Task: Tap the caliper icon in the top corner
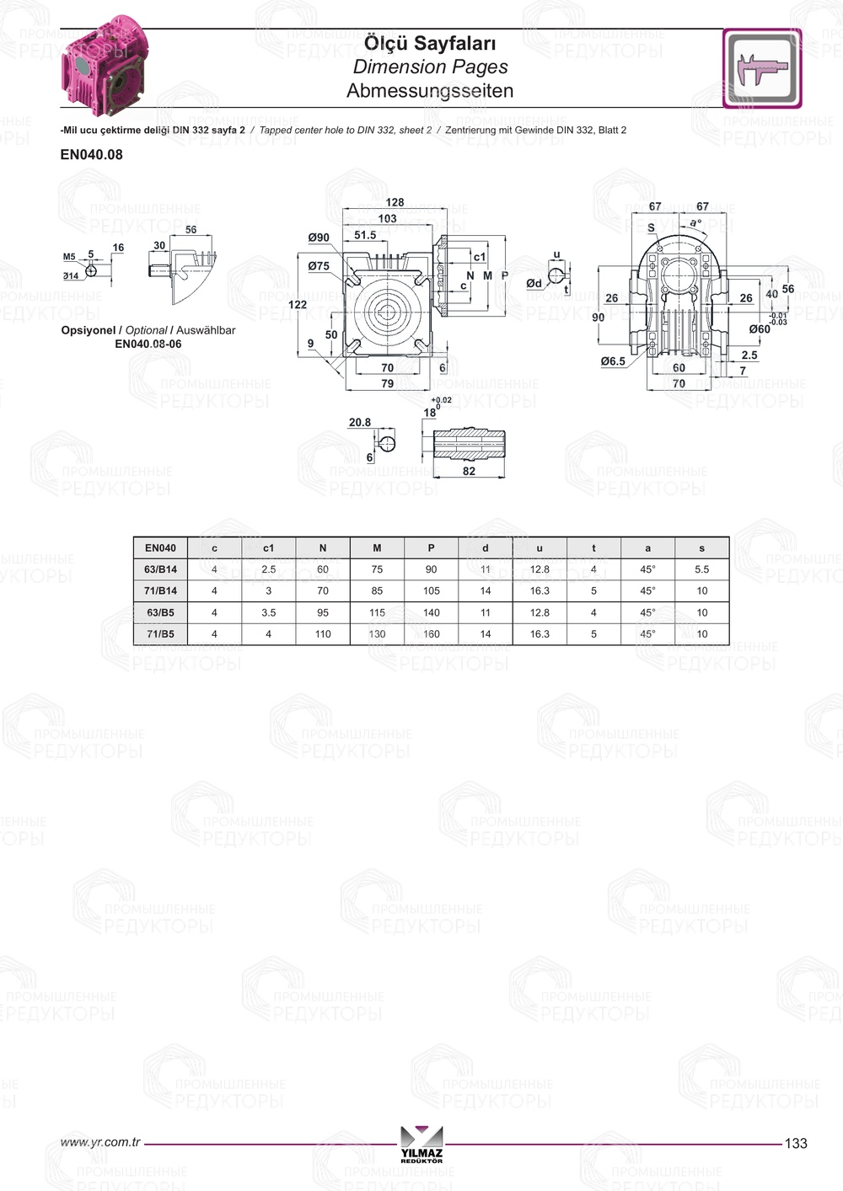pyautogui.click(x=762, y=68)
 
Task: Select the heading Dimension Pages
pyautogui.click(x=430, y=67)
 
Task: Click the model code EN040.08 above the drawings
pyautogui.click(x=92, y=155)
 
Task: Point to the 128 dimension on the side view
pyautogui.click(x=395, y=203)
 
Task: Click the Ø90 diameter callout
pyautogui.click(x=319, y=238)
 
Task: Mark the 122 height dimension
pyautogui.click(x=298, y=304)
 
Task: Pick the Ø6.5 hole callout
pyautogui.click(x=613, y=361)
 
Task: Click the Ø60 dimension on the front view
pyautogui.click(x=760, y=329)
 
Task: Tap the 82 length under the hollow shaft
pyautogui.click(x=469, y=471)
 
